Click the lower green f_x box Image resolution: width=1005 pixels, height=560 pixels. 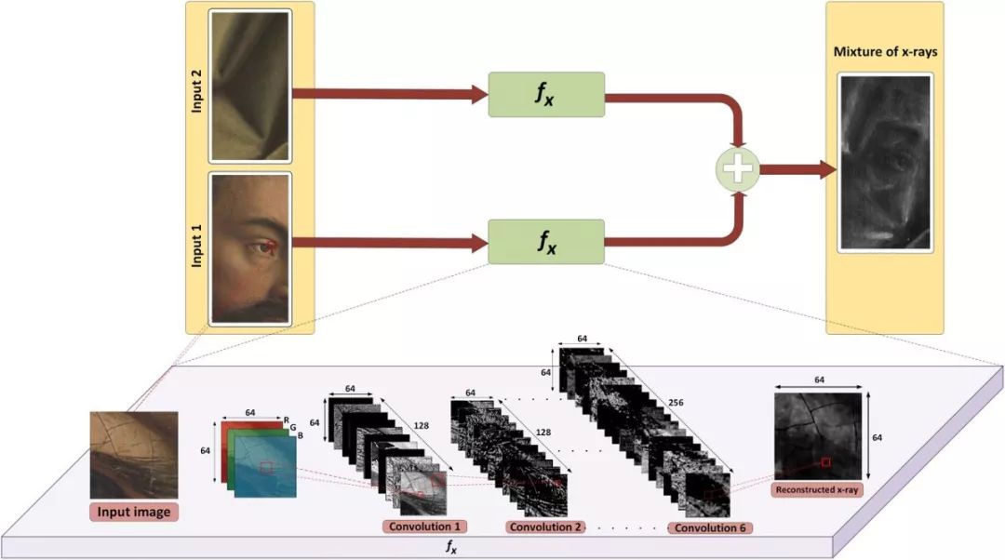click(x=546, y=244)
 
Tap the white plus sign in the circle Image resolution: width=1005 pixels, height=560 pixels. click(x=738, y=169)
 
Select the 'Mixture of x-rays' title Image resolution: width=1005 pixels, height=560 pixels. click(x=885, y=51)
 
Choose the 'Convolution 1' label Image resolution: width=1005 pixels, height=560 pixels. click(x=423, y=527)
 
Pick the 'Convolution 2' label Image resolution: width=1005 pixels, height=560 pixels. click(x=545, y=527)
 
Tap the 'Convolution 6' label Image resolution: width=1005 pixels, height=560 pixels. click(x=711, y=527)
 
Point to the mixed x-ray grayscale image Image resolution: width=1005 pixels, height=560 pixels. click(x=885, y=162)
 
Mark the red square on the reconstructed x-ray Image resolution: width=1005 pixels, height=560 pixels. click(x=824, y=460)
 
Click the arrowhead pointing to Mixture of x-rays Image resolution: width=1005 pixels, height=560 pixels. click(x=826, y=169)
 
